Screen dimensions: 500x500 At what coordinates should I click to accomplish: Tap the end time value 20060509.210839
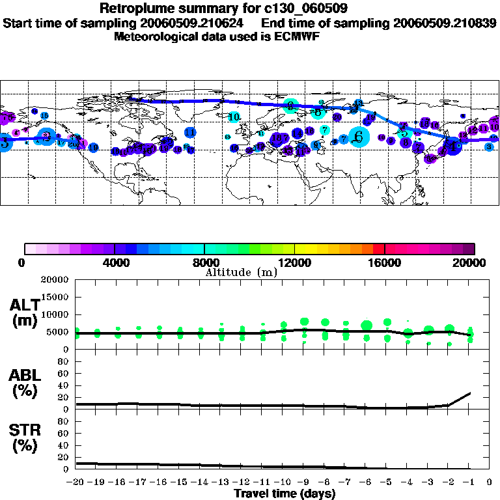(445, 23)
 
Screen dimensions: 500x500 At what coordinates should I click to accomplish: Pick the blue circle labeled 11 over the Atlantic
(190, 132)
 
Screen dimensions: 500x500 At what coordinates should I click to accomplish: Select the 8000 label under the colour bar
(204, 262)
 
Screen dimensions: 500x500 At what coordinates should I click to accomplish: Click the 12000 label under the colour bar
(294, 262)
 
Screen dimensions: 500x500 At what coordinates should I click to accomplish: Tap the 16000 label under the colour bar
(385, 262)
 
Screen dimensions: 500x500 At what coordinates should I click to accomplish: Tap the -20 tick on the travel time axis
(76, 482)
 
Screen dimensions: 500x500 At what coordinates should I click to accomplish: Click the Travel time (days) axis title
(285, 493)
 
